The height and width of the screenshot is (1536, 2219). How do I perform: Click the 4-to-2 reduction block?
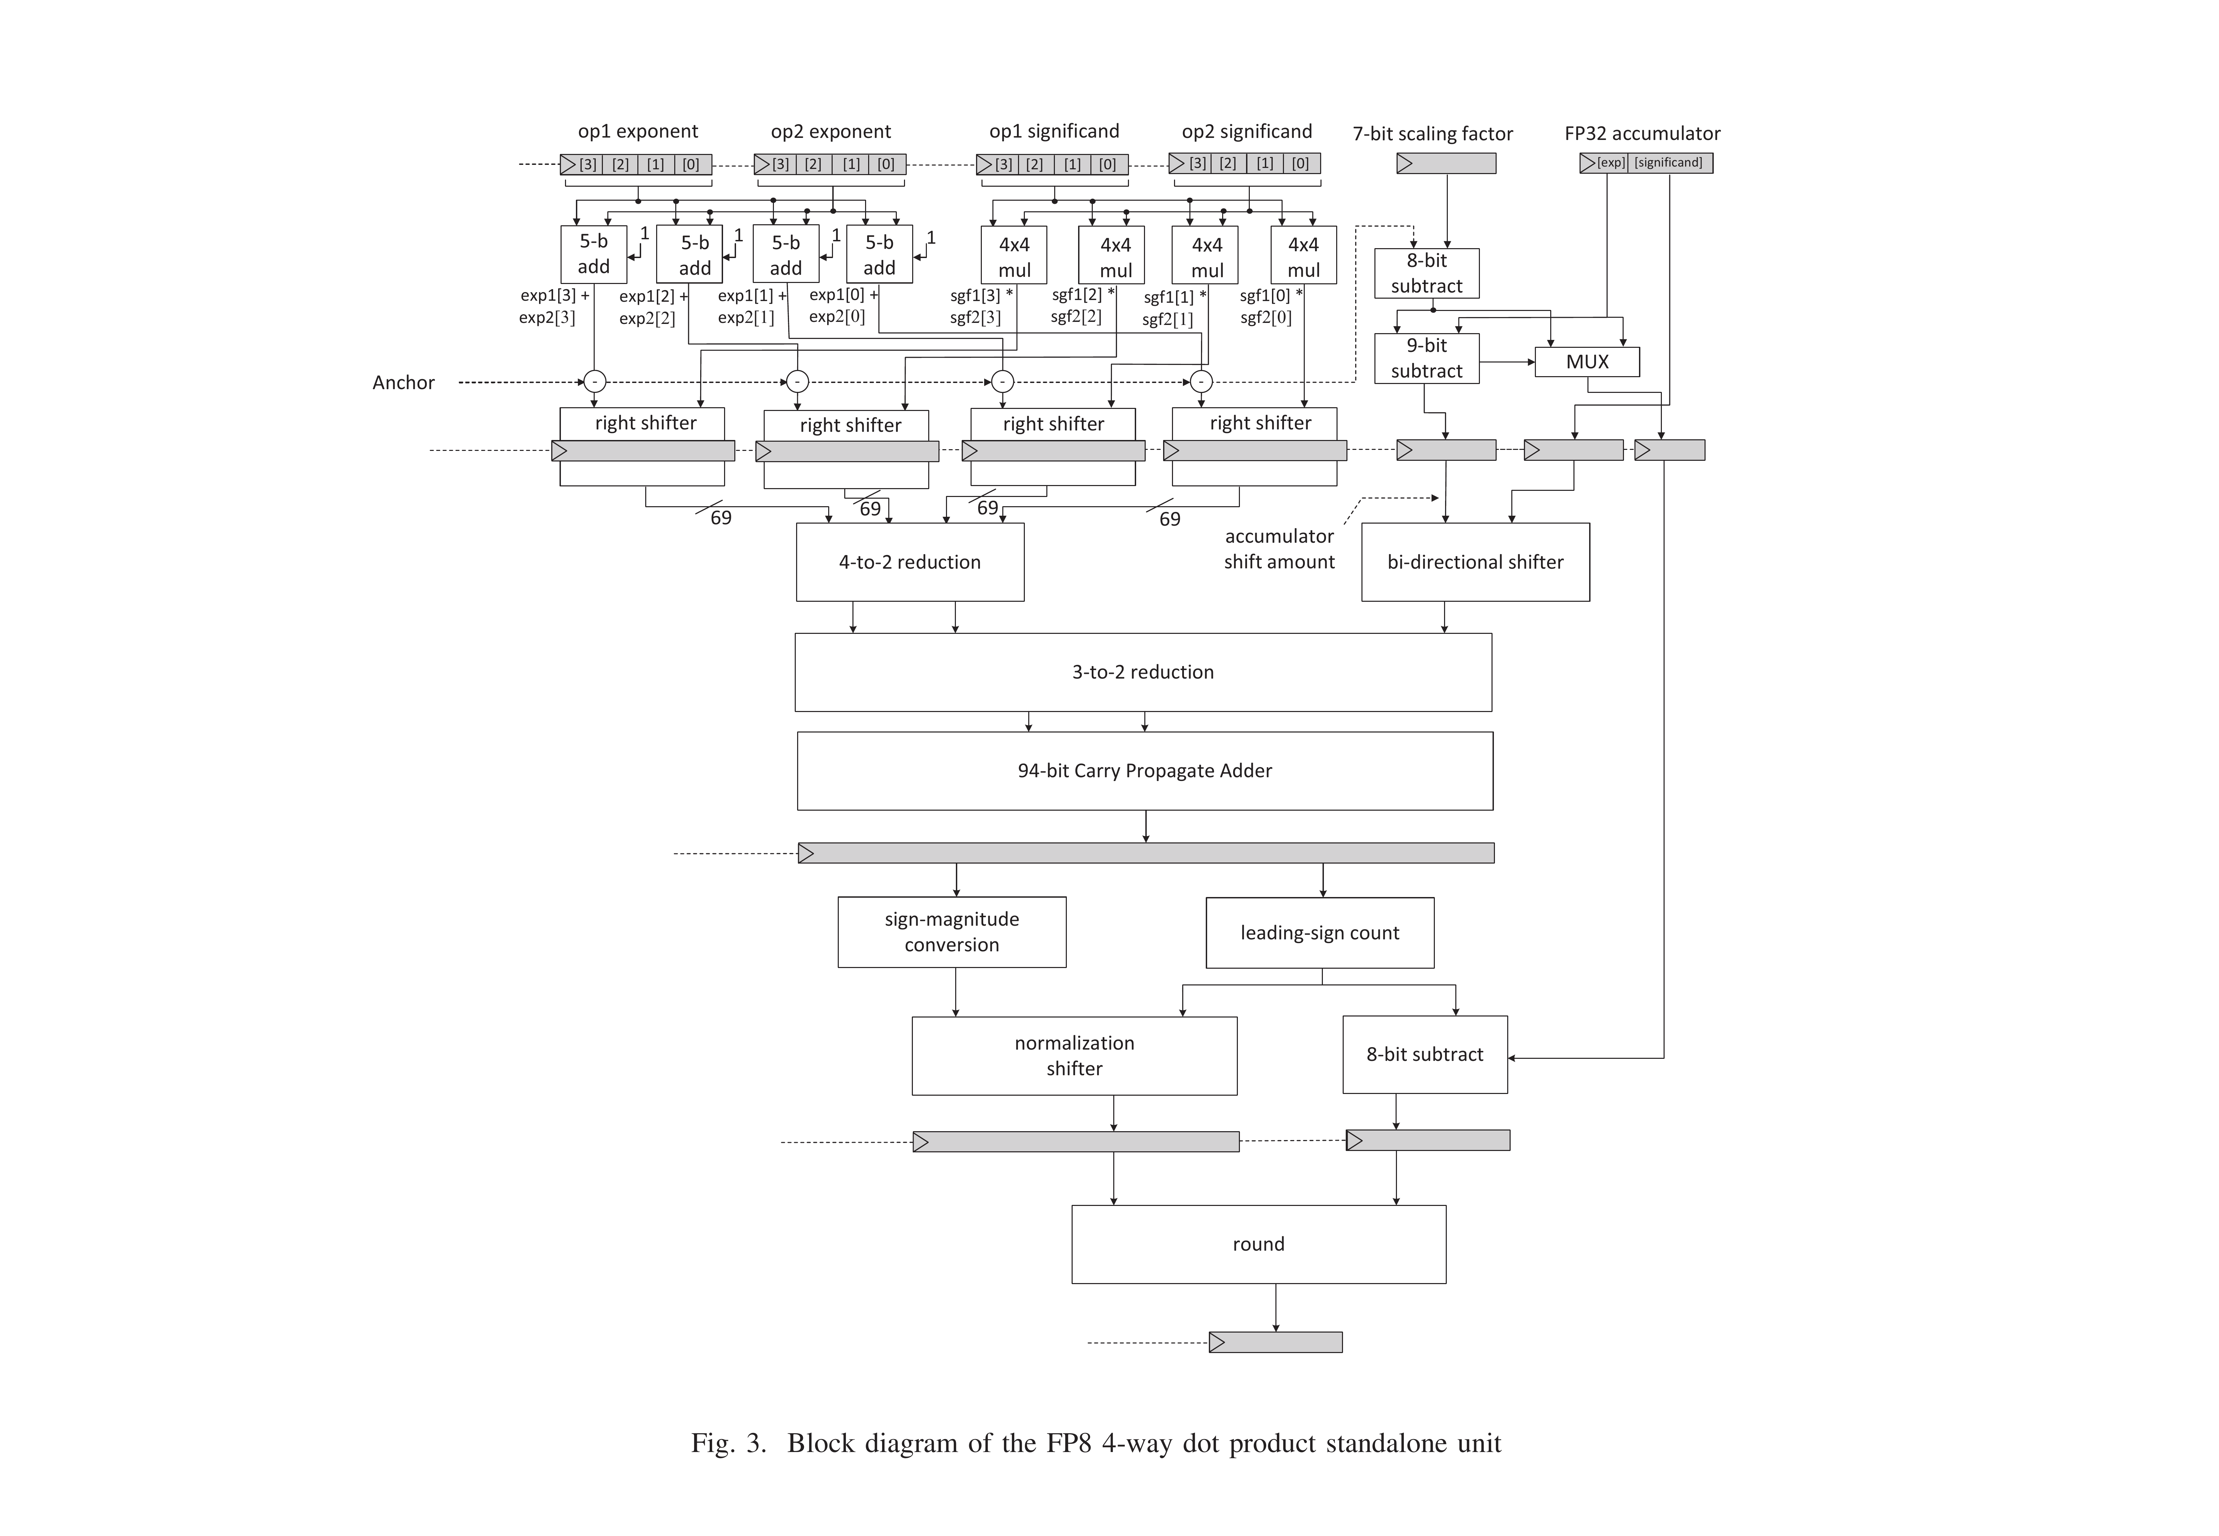pyautogui.click(x=909, y=562)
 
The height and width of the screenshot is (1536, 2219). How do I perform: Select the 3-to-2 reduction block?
pyautogui.click(x=1142, y=672)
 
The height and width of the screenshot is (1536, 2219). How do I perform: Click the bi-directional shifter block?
pyautogui.click(x=1474, y=562)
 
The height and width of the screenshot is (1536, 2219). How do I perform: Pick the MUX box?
pyautogui.click(x=1587, y=362)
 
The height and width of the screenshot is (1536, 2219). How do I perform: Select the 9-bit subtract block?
pyautogui.click(x=1426, y=358)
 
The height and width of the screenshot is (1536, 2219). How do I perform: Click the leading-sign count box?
pyautogui.click(x=1319, y=933)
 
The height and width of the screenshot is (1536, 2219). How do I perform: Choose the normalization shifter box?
pyautogui.click(x=1074, y=1056)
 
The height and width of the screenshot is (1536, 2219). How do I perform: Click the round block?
pyautogui.click(x=1258, y=1243)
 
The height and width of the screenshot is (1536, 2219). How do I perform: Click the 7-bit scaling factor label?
pyautogui.click(x=1432, y=134)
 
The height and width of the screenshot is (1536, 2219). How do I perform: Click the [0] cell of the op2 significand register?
pyautogui.click(x=1300, y=163)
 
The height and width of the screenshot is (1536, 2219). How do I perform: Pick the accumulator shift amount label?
pyautogui.click(x=1279, y=549)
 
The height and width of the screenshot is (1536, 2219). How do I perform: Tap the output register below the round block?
pyautogui.click(x=1275, y=1341)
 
